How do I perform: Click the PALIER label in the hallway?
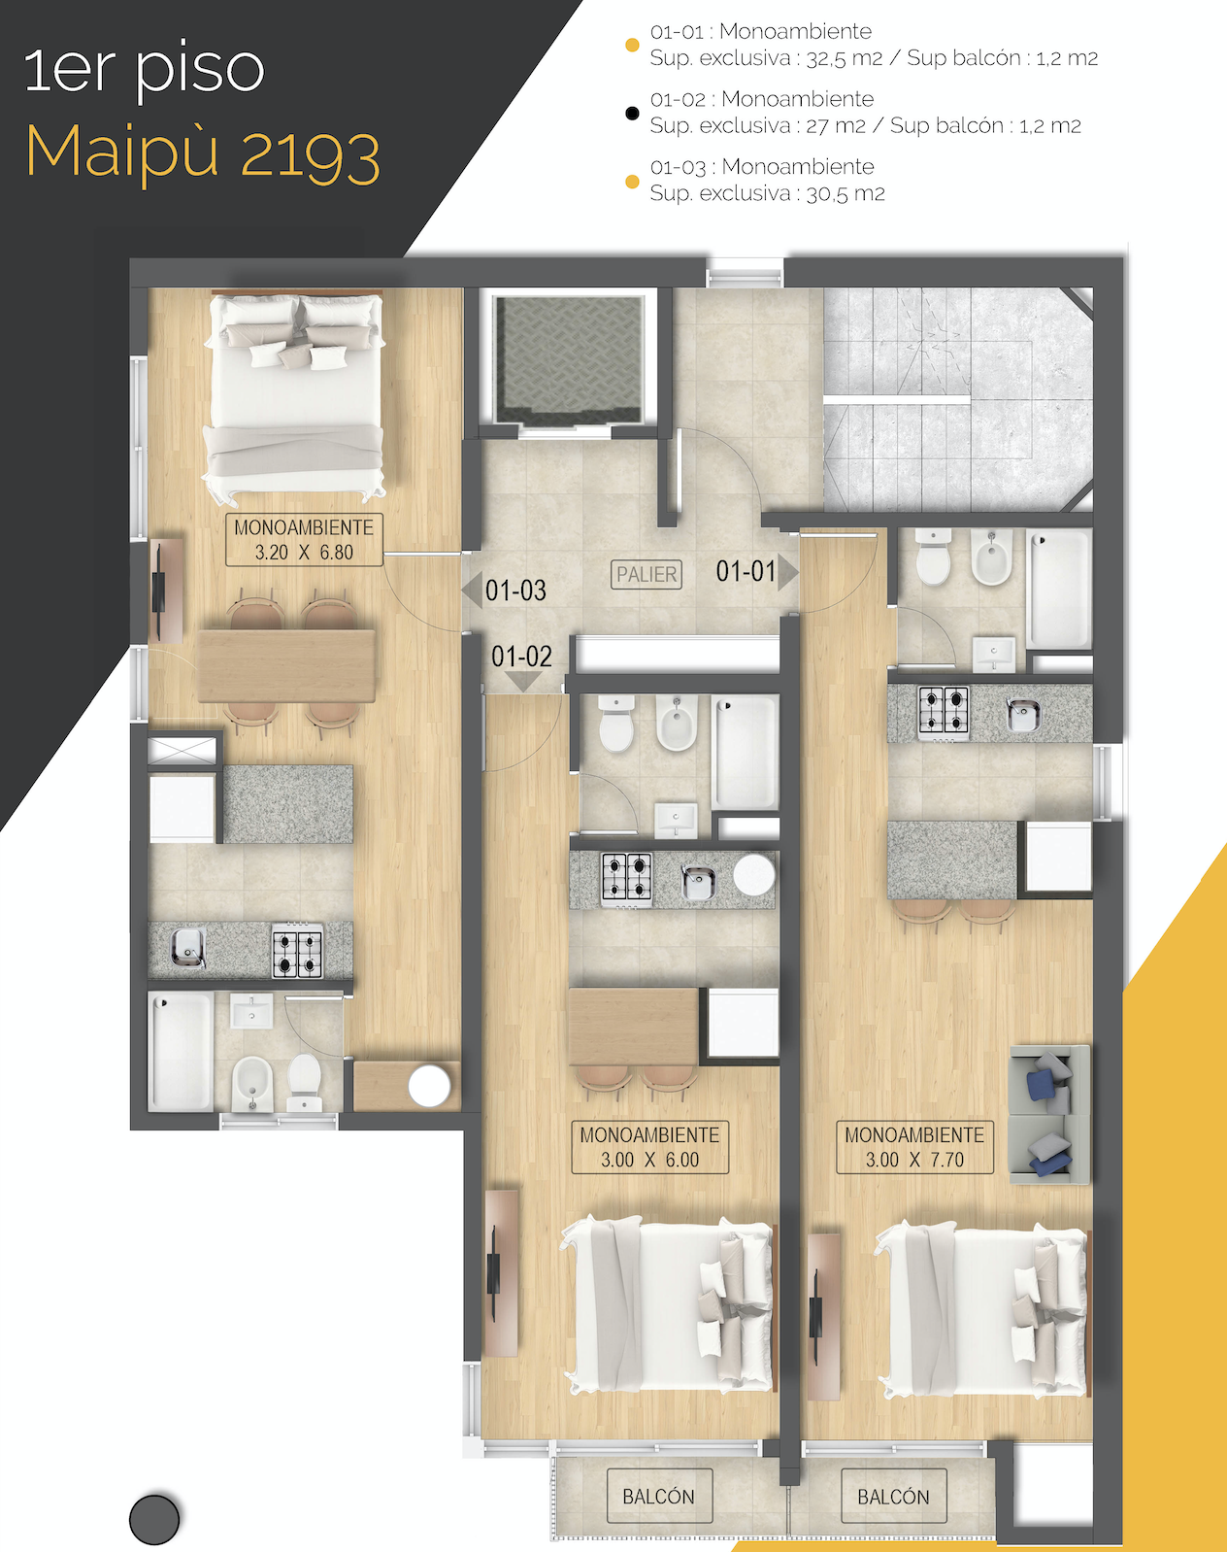[x=646, y=574]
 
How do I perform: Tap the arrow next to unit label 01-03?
[x=472, y=590]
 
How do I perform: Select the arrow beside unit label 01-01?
[x=788, y=572]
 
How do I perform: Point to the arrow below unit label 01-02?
[x=522, y=682]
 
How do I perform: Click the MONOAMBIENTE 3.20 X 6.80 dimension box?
[x=304, y=539]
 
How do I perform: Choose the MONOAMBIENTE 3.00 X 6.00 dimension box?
[x=649, y=1147]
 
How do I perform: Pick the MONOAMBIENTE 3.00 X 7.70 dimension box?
[x=914, y=1147]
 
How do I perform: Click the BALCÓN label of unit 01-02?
[x=659, y=1497]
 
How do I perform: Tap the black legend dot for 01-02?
[x=632, y=114]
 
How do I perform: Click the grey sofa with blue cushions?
[x=1049, y=1114]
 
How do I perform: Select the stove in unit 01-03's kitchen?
[x=297, y=953]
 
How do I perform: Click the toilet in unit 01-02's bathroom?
[x=616, y=725]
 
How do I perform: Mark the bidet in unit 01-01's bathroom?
[x=992, y=557]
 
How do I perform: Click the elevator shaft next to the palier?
[x=570, y=360]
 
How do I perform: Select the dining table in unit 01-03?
[x=286, y=665]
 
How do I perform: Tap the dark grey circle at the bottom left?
[x=154, y=1519]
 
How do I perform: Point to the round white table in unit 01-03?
[x=429, y=1086]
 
